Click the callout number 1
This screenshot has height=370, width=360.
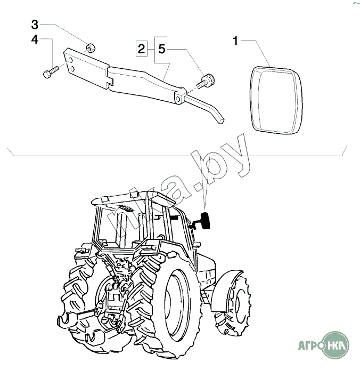[235, 41]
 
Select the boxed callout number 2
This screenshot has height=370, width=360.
[142, 49]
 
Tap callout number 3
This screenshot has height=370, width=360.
[35, 25]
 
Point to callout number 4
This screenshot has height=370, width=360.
[35, 39]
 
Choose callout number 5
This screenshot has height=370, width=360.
[162, 49]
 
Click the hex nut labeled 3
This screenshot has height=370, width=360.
[90, 47]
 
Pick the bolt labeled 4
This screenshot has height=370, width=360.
[51, 72]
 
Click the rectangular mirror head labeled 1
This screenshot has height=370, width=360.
[275, 100]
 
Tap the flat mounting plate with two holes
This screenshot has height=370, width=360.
[86, 68]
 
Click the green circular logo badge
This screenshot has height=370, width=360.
[336, 344]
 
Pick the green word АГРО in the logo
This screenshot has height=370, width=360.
[311, 345]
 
